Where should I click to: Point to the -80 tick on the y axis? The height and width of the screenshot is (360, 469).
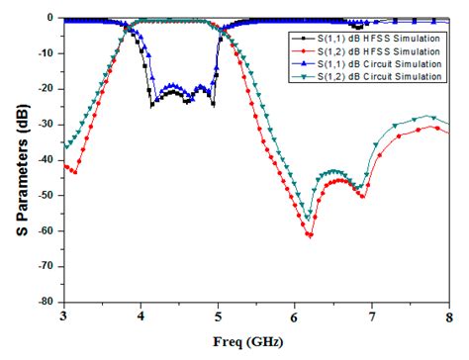45,303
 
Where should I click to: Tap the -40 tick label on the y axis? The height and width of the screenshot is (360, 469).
45,160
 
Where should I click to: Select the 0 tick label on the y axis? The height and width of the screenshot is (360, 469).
52,18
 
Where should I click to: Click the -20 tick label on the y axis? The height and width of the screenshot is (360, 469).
45,89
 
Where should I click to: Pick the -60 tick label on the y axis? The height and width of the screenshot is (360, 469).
45,231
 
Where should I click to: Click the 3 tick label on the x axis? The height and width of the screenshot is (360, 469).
63,316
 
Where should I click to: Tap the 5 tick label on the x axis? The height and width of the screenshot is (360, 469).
218,316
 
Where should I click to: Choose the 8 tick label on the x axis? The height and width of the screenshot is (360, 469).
449,316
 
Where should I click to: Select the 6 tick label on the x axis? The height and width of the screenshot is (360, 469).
295,316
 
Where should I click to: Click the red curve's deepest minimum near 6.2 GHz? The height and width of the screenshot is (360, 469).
310,234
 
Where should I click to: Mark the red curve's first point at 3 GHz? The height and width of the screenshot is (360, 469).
64,165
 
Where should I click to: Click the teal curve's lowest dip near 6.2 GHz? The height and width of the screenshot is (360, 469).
309,218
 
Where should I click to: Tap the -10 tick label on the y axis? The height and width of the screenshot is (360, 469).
45,53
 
